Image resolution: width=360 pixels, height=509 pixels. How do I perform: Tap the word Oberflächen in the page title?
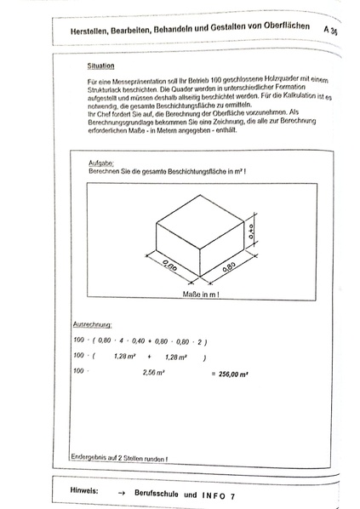(284, 29)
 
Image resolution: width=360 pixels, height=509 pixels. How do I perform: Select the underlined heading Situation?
(101, 65)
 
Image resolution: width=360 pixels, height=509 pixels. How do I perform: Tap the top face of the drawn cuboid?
(199, 220)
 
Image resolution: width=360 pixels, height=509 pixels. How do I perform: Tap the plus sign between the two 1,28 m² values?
(148, 357)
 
